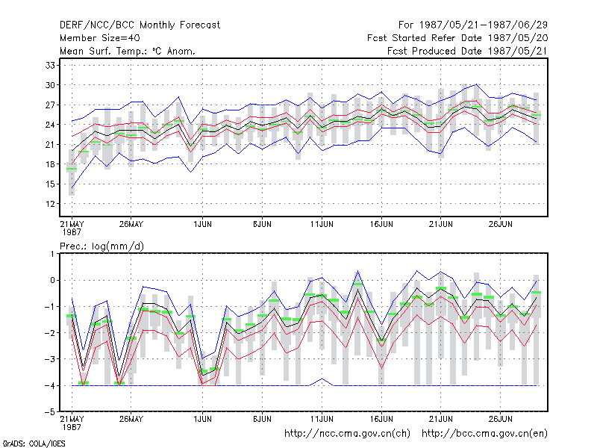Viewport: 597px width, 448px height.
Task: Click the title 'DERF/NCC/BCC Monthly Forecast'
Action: click(140, 25)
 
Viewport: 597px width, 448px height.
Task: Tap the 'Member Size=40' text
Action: click(100, 38)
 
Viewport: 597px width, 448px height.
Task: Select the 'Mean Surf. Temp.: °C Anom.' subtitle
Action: click(128, 51)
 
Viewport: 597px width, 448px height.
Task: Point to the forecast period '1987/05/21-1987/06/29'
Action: click(483, 25)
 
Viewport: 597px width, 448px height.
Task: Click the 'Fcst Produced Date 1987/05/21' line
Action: click(467, 51)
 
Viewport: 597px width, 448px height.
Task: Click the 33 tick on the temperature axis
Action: click(50, 65)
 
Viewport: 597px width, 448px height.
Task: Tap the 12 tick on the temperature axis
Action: click(50, 204)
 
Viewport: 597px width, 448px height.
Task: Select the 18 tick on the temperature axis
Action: click(50, 164)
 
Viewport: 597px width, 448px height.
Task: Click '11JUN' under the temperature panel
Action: click(322, 224)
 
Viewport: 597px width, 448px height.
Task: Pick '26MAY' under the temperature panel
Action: click(131, 224)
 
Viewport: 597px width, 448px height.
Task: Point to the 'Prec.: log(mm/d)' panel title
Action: click(101, 246)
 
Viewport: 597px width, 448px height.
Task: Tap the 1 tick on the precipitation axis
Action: click(52, 254)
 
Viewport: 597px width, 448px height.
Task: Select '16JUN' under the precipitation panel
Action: click(381, 419)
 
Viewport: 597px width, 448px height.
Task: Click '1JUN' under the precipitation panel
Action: click(202, 419)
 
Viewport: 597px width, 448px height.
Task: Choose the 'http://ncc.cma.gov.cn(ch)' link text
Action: click(347, 434)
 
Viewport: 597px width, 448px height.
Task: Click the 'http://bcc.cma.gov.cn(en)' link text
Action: click(484, 434)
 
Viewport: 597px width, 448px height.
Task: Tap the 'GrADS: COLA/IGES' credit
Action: click(34, 444)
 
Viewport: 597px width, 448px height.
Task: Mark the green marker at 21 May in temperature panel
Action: click(72, 169)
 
